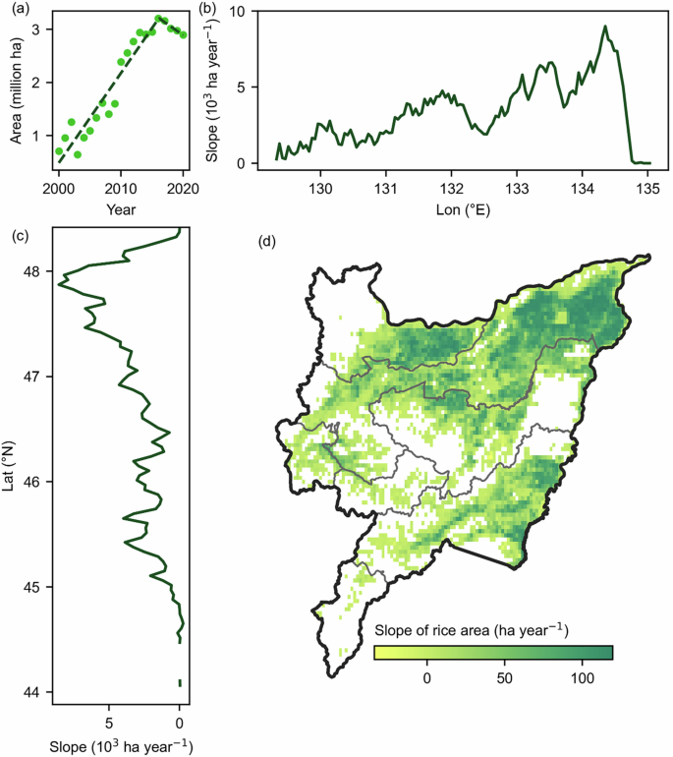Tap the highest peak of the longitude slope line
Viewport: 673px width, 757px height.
coord(605,27)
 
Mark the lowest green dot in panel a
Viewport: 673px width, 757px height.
coord(78,154)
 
